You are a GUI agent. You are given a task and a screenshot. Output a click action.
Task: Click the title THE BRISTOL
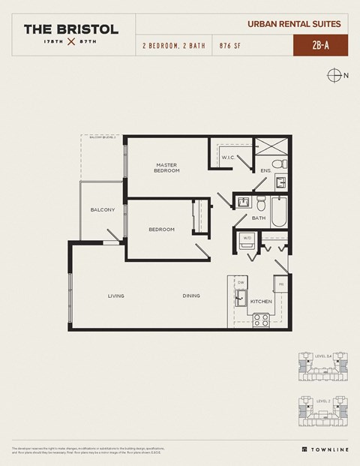coord(70,29)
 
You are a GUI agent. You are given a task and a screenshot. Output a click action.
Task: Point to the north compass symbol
coord(334,75)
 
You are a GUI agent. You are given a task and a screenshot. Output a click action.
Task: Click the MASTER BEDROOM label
coord(167,168)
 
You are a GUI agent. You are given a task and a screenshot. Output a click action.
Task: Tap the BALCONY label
coord(102,209)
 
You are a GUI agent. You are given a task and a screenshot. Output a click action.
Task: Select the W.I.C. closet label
coord(228,157)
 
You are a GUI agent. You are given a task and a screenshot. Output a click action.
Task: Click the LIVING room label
coord(115,296)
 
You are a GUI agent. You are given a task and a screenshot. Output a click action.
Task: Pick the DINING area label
coord(191,296)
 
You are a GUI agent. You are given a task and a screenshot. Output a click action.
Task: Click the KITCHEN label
coord(260,301)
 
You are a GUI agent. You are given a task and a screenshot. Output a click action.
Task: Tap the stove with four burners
coord(261,320)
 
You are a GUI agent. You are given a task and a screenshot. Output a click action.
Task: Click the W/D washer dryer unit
coord(247,242)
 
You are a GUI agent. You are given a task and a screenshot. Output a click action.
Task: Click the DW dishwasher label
coord(241,283)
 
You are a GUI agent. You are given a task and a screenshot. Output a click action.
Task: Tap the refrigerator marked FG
coord(280,284)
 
